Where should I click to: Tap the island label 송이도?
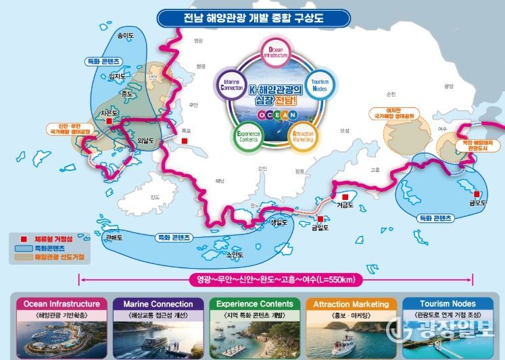125,34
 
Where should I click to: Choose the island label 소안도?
234,255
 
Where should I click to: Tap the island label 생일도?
279,222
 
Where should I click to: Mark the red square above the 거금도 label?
345,197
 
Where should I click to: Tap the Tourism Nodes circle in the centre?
318,86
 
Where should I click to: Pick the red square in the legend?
22,238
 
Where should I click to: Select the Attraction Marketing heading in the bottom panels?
351,305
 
